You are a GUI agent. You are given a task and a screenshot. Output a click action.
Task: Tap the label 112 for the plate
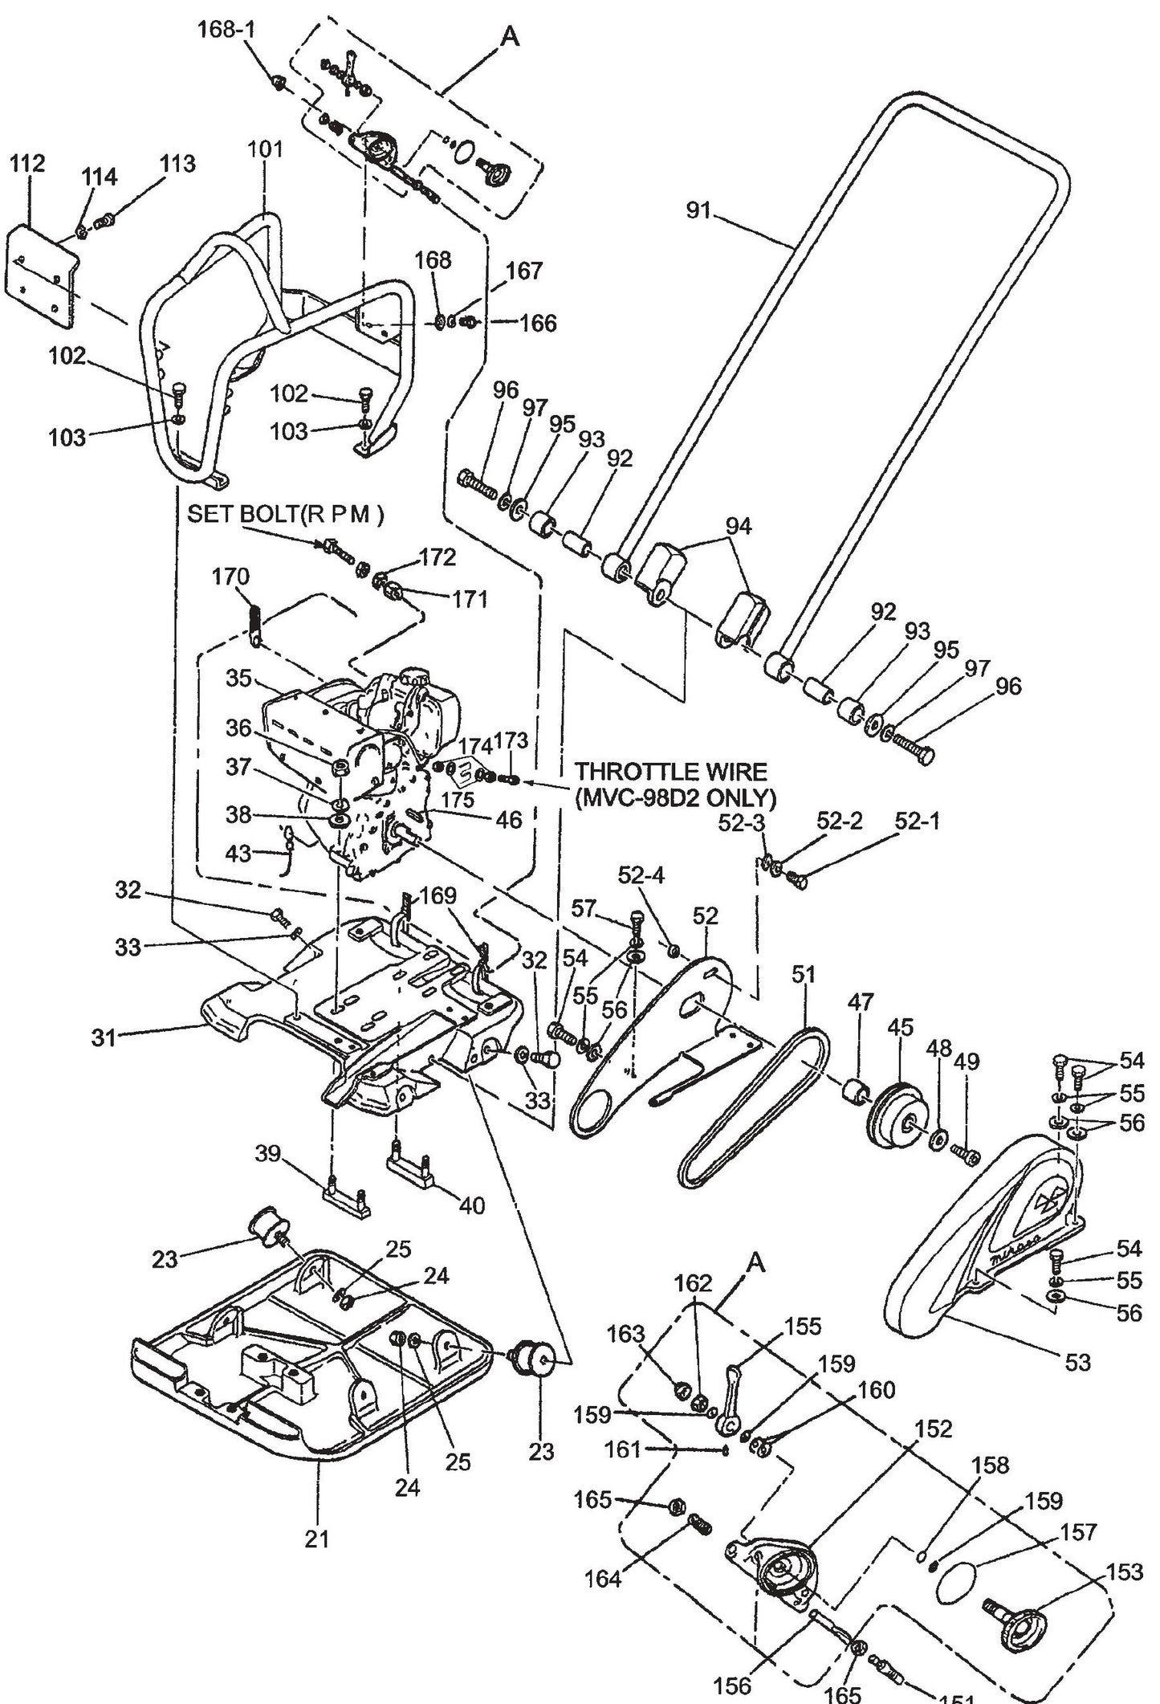27,165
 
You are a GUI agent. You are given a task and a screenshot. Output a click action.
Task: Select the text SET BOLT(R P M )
285,515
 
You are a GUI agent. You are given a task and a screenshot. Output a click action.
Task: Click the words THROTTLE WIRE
670,773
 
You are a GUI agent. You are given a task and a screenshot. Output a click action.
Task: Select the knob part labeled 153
1020,1606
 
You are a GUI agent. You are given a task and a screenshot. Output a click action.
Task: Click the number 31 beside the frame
104,1037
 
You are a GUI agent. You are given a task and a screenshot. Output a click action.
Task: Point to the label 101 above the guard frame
265,149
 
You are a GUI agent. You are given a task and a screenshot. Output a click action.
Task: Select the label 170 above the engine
230,577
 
